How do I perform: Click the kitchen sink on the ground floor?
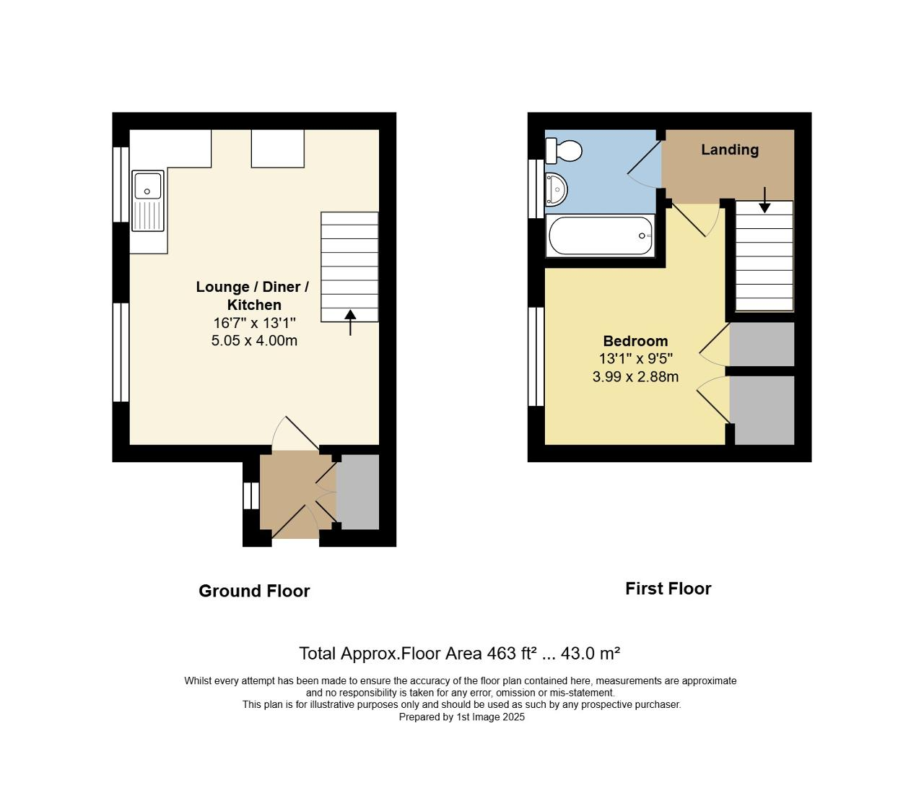(148, 202)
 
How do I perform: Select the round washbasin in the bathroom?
(556, 189)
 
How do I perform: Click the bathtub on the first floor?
(600, 235)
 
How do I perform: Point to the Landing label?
(730, 150)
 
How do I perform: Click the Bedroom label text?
(635, 341)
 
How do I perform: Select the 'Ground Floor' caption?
(254, 591)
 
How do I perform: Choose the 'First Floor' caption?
(668, 589)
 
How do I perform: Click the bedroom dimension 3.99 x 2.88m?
(635, 376)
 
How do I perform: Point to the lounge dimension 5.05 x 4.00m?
(254, 340)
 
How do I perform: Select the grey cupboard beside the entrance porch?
(358, 492)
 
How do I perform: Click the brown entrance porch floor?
(289, 491)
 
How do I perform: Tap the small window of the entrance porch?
(250, 496)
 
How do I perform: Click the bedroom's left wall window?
(536, 356)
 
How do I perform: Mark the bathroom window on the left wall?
(536, 188)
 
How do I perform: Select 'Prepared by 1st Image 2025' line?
(461, 717)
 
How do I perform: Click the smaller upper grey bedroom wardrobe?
(762, 345)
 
